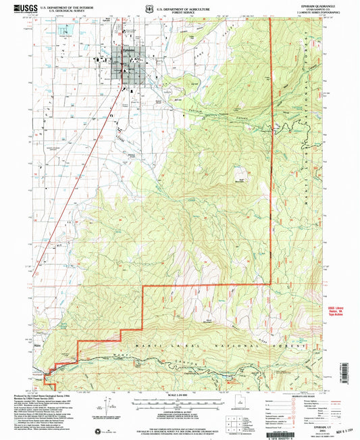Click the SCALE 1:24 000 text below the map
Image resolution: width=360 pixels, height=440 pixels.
pyautogui.click(x=178, y=393)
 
